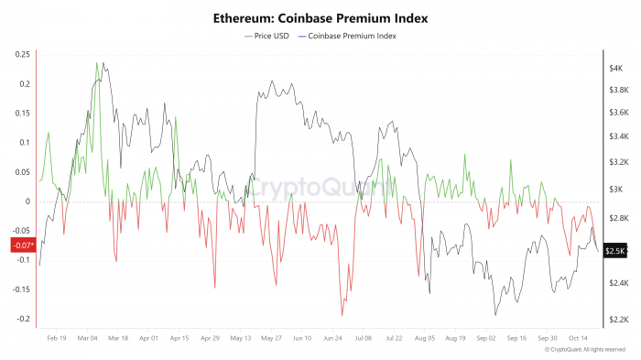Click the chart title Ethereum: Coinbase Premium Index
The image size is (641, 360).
[320, 17]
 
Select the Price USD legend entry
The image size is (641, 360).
[266, 36]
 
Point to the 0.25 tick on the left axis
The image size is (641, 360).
[22, 55]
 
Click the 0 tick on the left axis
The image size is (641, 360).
[28, 202]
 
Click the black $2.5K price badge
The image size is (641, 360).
[615, 250]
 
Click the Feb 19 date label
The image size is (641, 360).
[56, 338]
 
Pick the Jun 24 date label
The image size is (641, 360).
[333, 338]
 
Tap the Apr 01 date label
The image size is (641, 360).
[148, 338]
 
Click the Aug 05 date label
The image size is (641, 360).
[426, 338]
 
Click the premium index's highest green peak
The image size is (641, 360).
[96, 63]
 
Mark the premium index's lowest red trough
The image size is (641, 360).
[342, 315]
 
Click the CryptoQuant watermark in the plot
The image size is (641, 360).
[320, 187]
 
